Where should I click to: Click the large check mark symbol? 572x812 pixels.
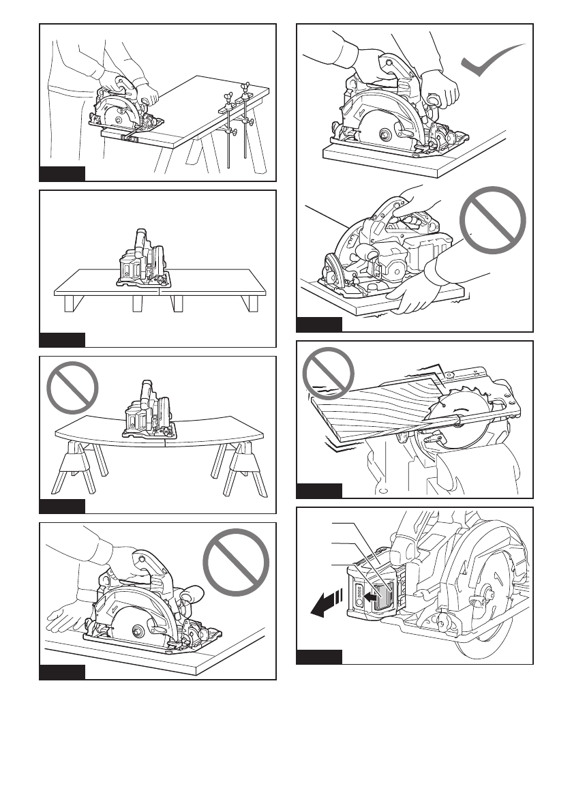(492, 65)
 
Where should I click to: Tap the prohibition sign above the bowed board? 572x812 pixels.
(72, 389)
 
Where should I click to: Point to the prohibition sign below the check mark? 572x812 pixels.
(492, 221)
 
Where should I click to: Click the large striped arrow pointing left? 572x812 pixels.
(322, 603)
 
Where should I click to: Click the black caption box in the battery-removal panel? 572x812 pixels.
(319, 658)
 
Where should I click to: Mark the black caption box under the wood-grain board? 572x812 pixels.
(319, 491)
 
